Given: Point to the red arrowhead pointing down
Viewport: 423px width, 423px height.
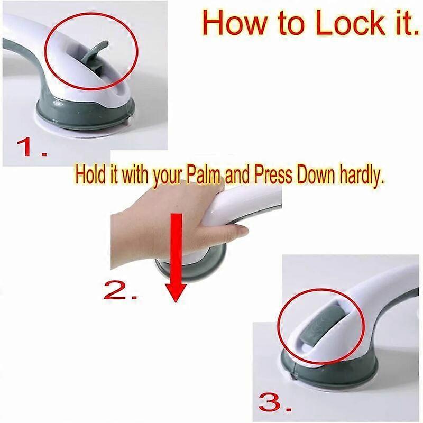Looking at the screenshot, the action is (176, 293).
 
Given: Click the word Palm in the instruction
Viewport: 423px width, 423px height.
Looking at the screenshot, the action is (203, 176).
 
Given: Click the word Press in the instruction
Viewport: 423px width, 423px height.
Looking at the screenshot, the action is (273, 176).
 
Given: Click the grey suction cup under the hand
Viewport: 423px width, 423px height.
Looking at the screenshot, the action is (189, 267).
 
